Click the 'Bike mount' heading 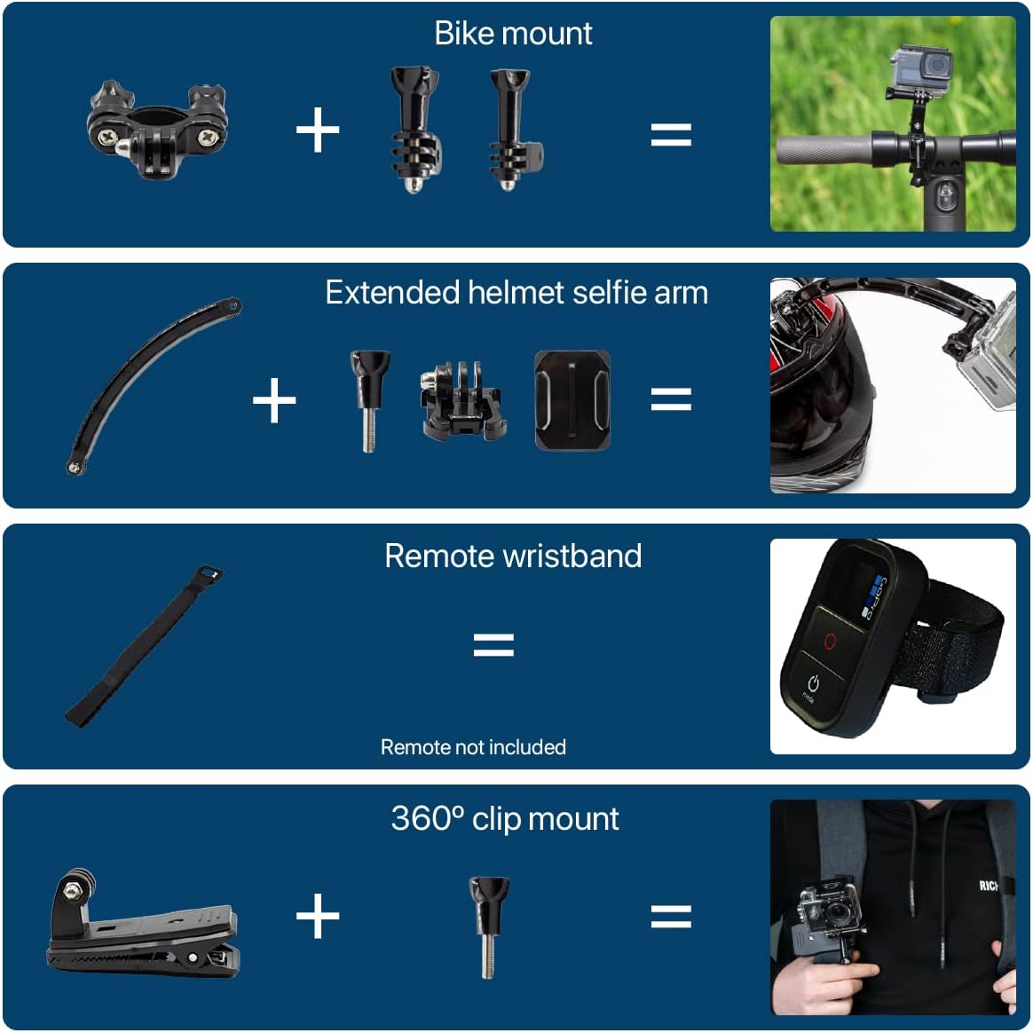pyautogui.click(x=513, y=34)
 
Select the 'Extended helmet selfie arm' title pyautogui.click(x=516, y=293)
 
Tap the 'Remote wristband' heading pyautogui.click(x=513, y=556)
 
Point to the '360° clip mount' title pyautogui.click(x=505, y=818)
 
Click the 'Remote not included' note pyautogui.click(x=473, y=747)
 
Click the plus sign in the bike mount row pyautogui.click(x=317, y=131)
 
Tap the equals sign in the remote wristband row pyautogui.click(x=493, y=644)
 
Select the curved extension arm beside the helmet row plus pyautogui.click(x=151, y=386)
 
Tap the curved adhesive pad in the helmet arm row pyautogui.click(x=572, y=399)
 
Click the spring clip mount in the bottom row pyautogui.click(x=142, y=928)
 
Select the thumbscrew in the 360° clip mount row pyautogui.click(x=487, y=925)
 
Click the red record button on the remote pyautogui.click(x=830, y=641)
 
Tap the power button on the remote pyautogui.click(x=812, y=683)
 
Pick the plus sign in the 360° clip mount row pyautogui.click(x=317, y=916)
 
